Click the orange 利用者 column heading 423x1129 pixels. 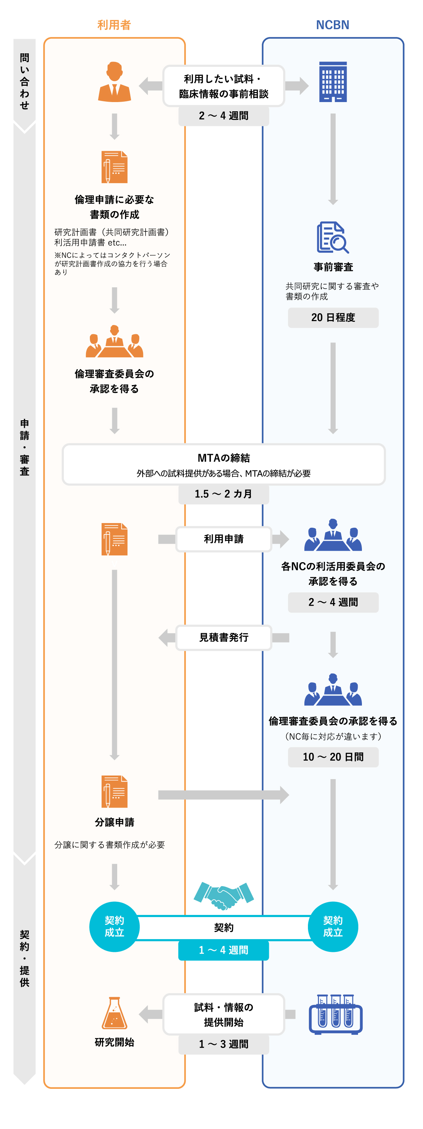point(114,25)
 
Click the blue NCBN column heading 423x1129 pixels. point(332,25)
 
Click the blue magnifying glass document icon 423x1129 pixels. point(332,237)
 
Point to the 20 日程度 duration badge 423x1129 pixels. point(333,317)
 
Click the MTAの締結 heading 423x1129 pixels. point(223,458)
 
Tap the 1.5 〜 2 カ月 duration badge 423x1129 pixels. point(223,494)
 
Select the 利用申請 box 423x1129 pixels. point(223,539)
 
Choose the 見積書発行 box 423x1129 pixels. point(223,637)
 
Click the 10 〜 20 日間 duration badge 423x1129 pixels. point(333,757)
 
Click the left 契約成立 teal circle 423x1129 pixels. point(114,927)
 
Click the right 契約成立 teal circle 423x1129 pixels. point(333,927)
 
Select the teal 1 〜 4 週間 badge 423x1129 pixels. point(223,950)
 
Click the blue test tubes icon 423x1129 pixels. point(335,1014)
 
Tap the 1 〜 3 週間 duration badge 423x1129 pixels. point(223,1044)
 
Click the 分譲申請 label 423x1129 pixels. point(114,822)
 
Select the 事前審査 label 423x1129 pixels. point(333,267)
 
